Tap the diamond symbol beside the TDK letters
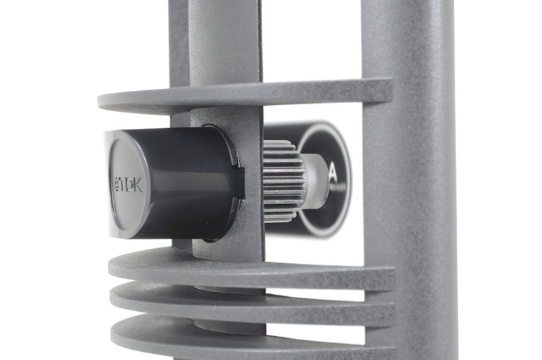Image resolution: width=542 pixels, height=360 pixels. [x=116, y=184]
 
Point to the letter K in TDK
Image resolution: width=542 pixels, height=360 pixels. [x=137, y=185]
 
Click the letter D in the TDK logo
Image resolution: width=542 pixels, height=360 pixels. [x=128, y=185]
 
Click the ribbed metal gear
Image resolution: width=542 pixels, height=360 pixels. [x=283, y=181]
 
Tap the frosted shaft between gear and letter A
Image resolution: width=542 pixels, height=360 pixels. [x=315, y=181]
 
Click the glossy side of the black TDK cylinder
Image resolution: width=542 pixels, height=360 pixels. [x=180, y=183]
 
